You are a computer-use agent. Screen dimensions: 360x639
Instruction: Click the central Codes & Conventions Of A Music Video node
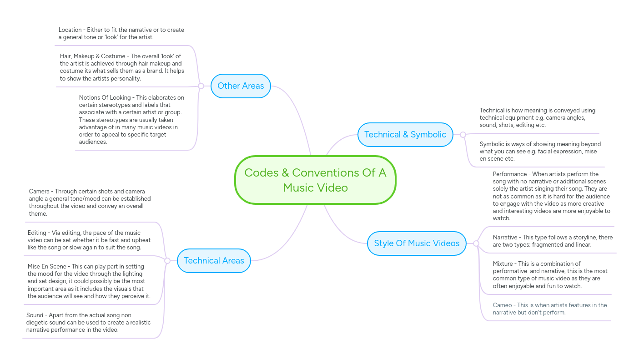tap(315, 180)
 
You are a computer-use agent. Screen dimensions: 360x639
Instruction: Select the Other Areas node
tap(241, 86)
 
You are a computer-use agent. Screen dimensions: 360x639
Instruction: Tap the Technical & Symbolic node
tap(405, 135)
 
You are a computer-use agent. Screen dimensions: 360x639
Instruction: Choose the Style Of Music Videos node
tap(417, 243)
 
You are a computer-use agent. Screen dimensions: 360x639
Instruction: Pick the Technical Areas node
tap(214, 261)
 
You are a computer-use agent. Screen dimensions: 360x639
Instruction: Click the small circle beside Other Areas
tap(201, 86)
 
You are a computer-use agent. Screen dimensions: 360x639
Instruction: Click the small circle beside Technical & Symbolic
tap(463, 135)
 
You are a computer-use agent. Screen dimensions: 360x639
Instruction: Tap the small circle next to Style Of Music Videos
tap(476, 243)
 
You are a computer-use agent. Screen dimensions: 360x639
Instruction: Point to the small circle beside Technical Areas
tap(167, 261)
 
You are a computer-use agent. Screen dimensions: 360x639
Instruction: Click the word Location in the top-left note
tap(70, 30)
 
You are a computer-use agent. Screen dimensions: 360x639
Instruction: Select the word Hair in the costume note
tap(65, 56)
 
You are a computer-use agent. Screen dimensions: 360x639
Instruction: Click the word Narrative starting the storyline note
tap(505, 238)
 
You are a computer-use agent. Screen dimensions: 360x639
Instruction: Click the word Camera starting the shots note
tap(40, 192)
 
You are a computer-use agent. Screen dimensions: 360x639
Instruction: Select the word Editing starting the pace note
tap(37, 233)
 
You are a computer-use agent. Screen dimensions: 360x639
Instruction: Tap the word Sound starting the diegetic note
tap(35, 315)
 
